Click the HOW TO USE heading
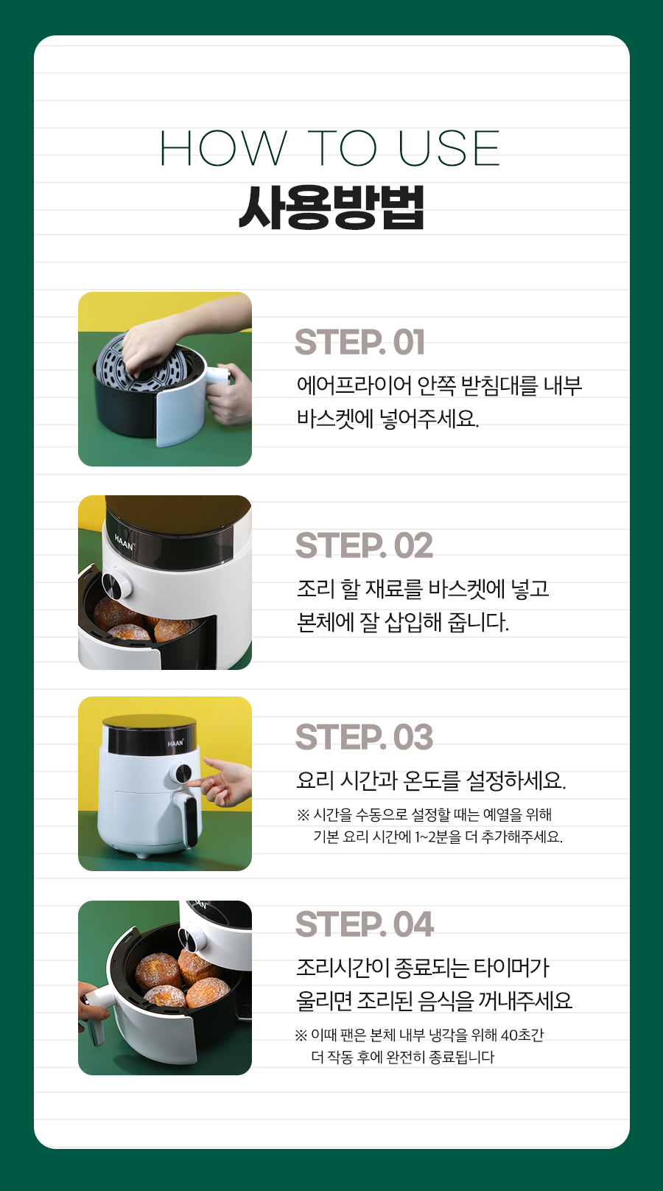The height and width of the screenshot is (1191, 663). (330, 148)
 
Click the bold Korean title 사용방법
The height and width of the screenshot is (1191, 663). (331, 207)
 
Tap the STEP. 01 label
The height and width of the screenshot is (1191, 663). (359, 342)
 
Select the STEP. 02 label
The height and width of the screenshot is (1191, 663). (364, 545)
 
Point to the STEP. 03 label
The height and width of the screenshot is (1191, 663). (364, 737)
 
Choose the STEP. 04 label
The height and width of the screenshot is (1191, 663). (365, 924)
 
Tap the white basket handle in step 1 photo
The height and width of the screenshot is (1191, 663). (219, 377)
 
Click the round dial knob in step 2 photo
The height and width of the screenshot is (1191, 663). (117, 583)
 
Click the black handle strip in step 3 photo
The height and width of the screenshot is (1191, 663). (191, 820)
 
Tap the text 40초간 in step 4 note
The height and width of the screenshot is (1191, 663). (522, 1035)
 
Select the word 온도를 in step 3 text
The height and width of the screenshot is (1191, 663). (431, 780)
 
